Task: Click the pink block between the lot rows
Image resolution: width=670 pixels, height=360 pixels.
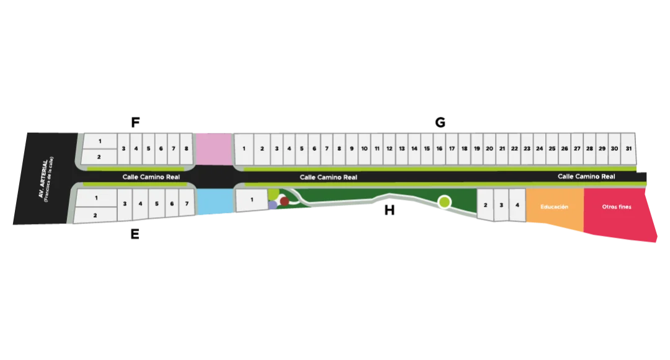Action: click(x=213, y=148)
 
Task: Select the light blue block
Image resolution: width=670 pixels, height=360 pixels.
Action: click(x=213, y=202)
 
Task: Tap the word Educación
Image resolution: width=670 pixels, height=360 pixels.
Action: click(x=554, y=207)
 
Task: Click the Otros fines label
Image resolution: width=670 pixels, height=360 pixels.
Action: click(x=617, y=207)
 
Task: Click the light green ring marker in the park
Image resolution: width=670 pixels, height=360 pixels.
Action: click(x=444, y=202)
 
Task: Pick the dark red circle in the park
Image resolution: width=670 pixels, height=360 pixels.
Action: click(x=285, y=201)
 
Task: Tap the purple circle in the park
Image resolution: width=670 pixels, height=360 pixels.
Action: click(x=272, y=205)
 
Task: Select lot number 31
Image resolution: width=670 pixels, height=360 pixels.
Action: click(x=628, y=149)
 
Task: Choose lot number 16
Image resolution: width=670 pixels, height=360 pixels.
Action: click(x=439, y=149)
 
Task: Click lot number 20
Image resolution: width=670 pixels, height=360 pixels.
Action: click(x=489, y=149)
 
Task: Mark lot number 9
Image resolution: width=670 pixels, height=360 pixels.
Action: click(x=352, y=149)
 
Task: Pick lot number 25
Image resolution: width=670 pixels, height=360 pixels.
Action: click(x=552, y=149)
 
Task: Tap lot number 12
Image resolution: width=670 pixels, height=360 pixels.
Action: click(x=389, y=149)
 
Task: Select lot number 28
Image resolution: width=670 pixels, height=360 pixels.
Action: click(x=589, y=149)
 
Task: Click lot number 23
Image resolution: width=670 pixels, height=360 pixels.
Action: click(x=527, y=149)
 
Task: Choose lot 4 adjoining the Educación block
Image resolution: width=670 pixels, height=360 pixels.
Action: click(x=517, y=204)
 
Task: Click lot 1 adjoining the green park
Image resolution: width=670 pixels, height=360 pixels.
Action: click(x=251, y=200)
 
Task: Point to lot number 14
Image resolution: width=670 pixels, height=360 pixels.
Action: click(x=414, y=149)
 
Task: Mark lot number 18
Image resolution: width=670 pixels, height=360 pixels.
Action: click(x=464, y=149)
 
